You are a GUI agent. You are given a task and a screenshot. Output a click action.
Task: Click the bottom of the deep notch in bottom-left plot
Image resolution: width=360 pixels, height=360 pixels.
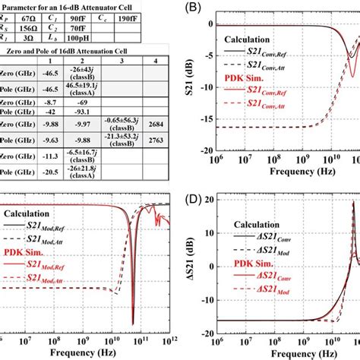click(x=132, y=323)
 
